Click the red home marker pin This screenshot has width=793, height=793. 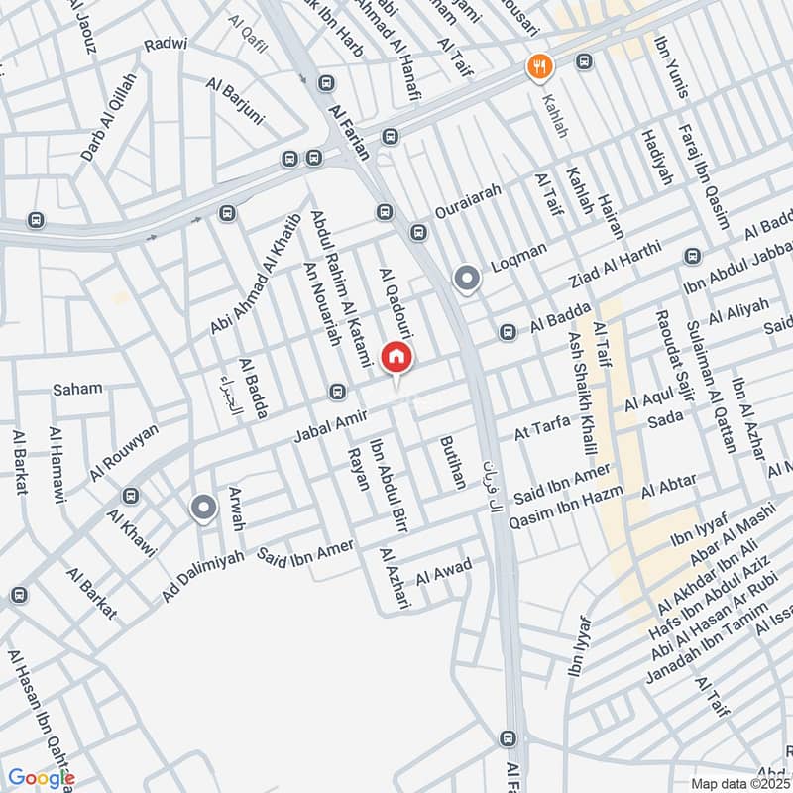tap(396, 358)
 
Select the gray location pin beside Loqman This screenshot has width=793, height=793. tap(466, 280)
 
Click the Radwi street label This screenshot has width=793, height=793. tap(165, 46)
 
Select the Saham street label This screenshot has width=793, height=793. tap(77, 389)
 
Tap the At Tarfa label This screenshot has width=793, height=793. tap(542, 427)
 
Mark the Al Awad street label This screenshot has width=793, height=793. tap(444, 571)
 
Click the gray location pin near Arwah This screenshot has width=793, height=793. tap(204, 509)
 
